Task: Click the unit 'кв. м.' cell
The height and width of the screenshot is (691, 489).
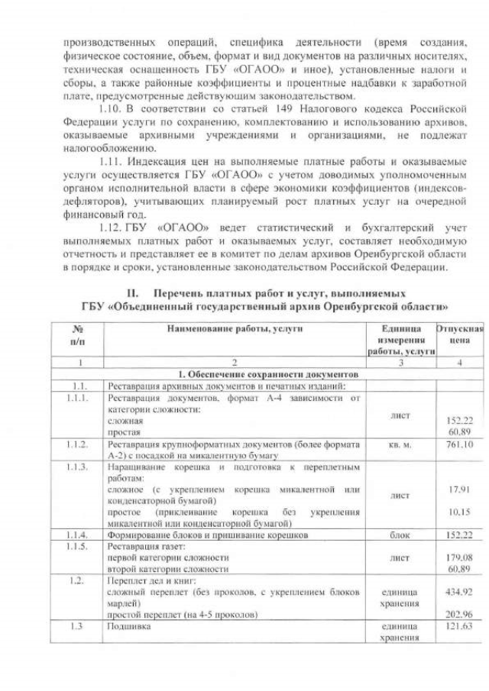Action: pyautogui.click(x=400, y=444)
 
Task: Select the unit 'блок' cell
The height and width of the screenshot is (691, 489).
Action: pyautogui.click(x=400, y=535)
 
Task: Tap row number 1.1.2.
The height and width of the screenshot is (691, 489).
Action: pyautogui.click(x=77, y=444)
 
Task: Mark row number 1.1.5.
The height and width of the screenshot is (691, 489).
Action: pyautogui.click(x=77, y=547)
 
